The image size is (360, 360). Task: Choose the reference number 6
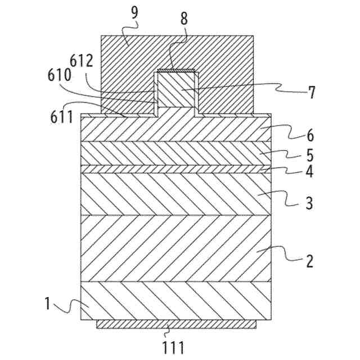coord(310,135)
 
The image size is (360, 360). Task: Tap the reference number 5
coord(310,154)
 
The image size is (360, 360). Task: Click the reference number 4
coord(310,171)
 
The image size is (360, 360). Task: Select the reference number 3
coord(310,202)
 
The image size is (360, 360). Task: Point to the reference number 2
coord(310,262)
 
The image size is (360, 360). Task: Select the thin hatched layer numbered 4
coord(177,168)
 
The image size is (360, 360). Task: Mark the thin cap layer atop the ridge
coord(177,70)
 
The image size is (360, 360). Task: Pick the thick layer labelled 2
coord(177,247)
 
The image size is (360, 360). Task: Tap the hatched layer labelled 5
coord(177,152)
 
